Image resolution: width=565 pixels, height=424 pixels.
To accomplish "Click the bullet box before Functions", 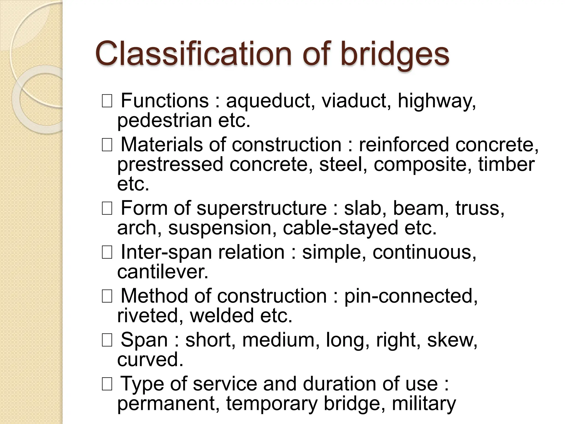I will [x=107, y=101].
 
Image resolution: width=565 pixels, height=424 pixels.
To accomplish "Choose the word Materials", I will [x=162, y=144].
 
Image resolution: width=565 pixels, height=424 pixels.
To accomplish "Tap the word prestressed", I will [x=170, y=165].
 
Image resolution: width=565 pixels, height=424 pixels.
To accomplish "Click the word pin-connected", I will [x=411, y=296].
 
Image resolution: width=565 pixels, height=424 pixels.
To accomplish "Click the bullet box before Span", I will [x=107, y=341].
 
